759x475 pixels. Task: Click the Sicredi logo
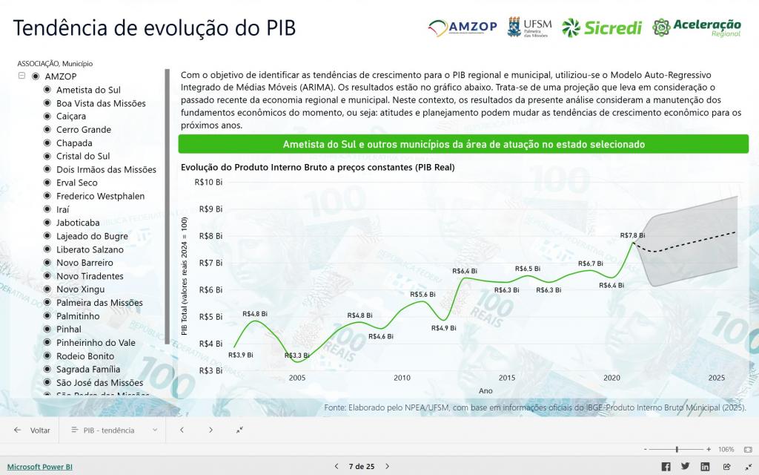(x=602, y=27)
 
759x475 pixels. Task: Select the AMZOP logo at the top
(x=463, y=27)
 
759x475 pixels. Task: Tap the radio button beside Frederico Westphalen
(x=47, y=196)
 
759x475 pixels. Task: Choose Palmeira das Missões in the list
(x=99, y=303)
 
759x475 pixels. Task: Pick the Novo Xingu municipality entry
(x=80, y=289)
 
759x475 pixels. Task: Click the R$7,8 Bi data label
(x=632, y=235)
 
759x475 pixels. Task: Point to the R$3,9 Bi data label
(x=241, y=355)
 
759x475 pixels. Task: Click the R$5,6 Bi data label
(x=422, y=294)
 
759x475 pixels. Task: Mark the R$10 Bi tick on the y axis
(x=208, y=183)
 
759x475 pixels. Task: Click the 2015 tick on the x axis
(x=507, y=378)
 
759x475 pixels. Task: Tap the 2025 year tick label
(x=717, y=378)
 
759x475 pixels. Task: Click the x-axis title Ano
(x=485, y=391)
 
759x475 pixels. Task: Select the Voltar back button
(x=32, y=430)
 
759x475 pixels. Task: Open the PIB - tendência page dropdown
(x=114, y=430)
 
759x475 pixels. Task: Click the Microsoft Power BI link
(x=40, y=467)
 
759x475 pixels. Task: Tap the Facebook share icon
(x=666, y=466)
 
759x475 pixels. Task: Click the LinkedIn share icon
(x=705, y=466)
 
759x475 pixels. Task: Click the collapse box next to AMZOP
(x=21, y=76)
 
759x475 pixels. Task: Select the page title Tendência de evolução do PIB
(x=154, y=28)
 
